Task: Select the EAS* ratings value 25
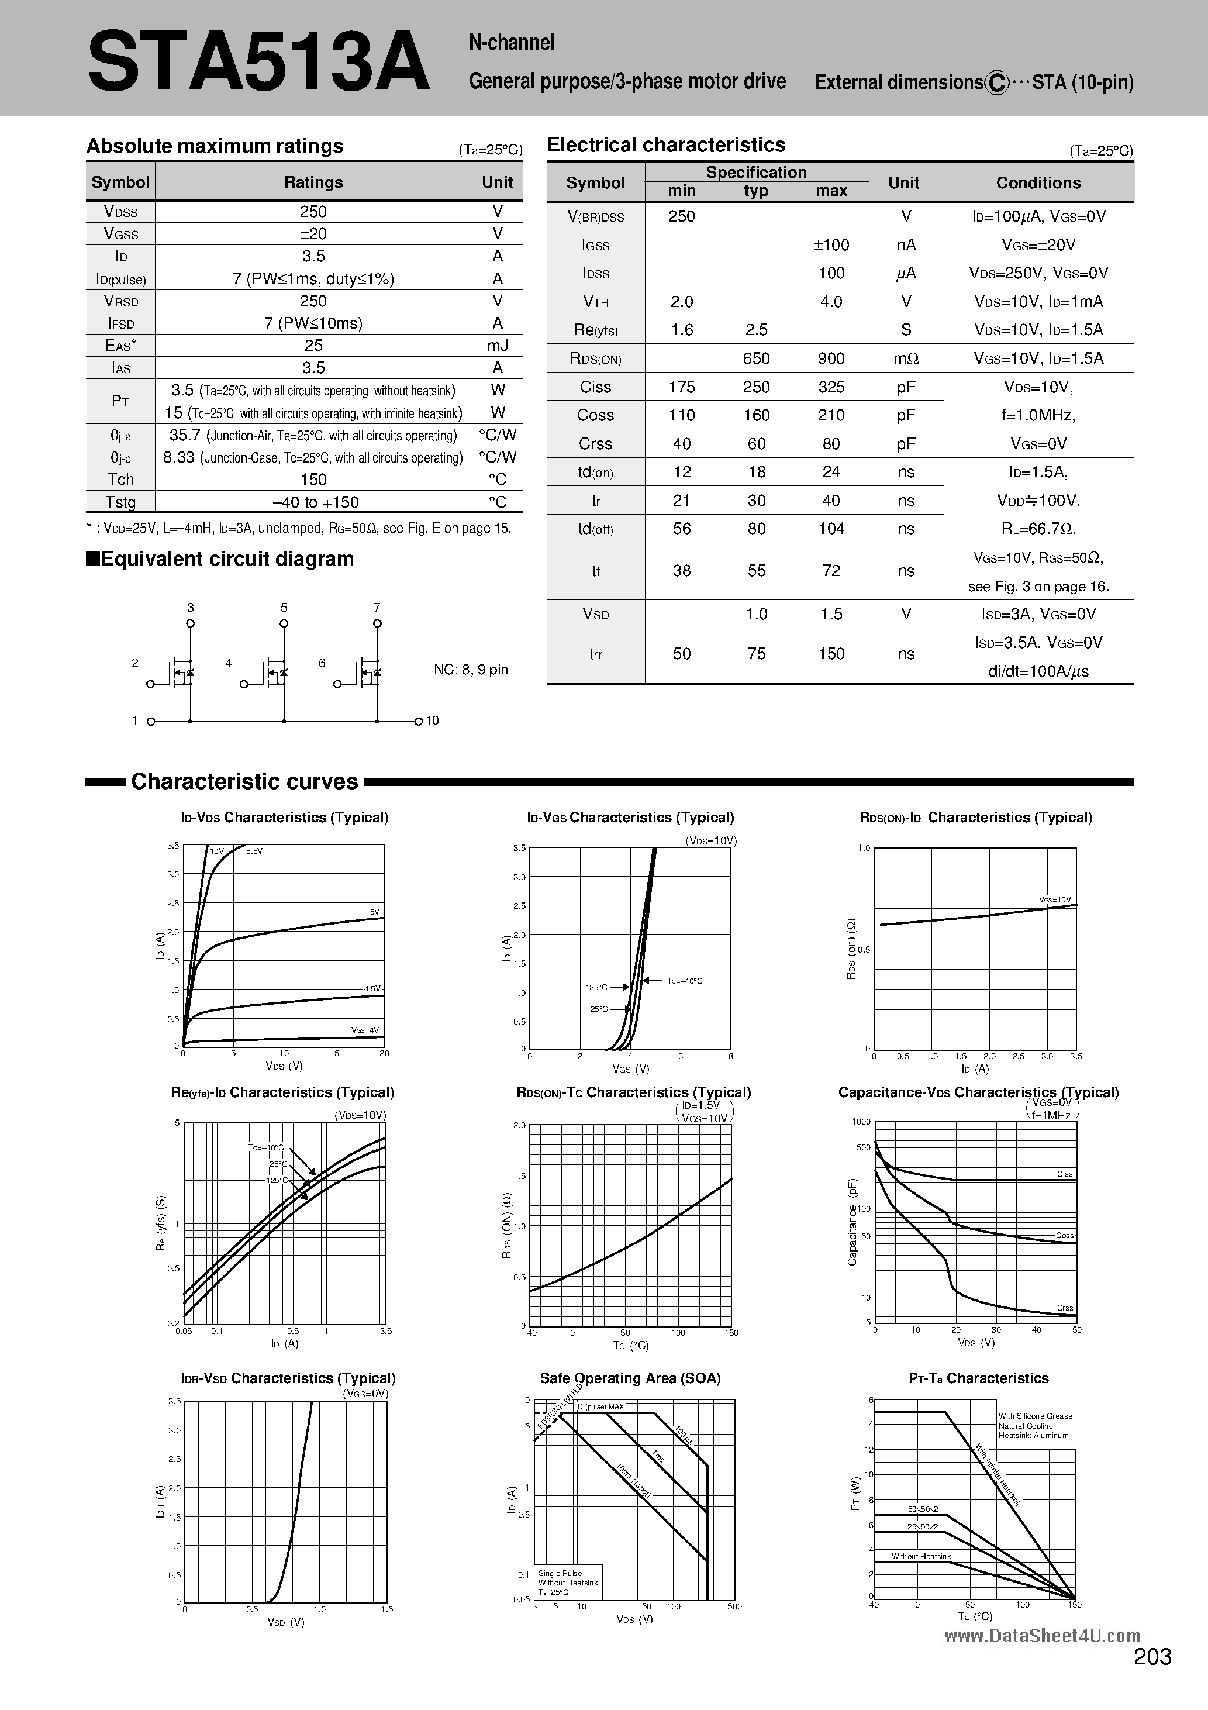click(313, 346)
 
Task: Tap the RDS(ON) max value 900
click(831, 358)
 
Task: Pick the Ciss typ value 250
click(756, 387)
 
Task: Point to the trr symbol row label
click(596, 654)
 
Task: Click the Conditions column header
click(1038, 182)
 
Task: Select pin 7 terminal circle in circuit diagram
click(378, 623)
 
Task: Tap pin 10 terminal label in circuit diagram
click(432, 720)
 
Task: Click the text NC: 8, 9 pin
click(471, 670)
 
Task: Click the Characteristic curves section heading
click(244, 781)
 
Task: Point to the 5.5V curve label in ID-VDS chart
click(254, 850)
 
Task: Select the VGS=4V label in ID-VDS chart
click(365, 1030)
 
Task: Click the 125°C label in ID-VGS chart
click(596, 988)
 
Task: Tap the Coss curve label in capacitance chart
click(1064, 1236)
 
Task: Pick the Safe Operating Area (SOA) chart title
click(630, 1378)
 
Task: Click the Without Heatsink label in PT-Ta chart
click(921, 1557)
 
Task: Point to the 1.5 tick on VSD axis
click(386, 1609)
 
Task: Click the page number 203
click(1152, 1677)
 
